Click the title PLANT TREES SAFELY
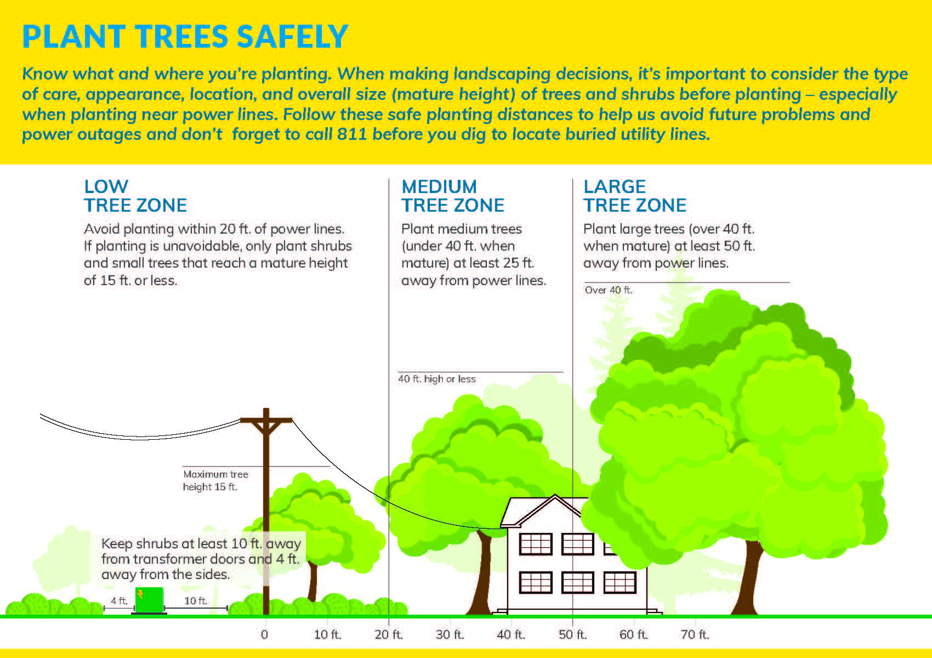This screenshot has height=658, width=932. [185, 37]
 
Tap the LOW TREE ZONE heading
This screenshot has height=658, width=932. [135, 196]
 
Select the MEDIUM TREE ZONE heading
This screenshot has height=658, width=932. [453, 196]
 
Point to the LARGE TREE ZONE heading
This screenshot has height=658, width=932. [635, 196]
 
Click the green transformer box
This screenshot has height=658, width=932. [149, 600]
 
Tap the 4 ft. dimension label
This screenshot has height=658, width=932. [119, 601]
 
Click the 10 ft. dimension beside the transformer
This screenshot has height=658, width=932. [196, 601]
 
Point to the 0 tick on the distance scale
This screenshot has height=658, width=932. [265, 635]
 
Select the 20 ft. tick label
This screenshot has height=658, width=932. [389, 635]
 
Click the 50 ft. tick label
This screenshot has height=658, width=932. [573, 635]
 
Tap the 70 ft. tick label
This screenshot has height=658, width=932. [695, 635]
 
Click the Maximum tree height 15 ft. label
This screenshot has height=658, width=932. [215, 480]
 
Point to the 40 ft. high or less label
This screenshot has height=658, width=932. [437, 379]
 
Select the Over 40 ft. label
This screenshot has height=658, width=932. [609, 290]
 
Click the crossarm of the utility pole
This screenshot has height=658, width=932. [266, 421]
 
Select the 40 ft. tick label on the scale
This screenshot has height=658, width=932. [511, 635]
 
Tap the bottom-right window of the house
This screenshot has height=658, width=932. [620, 582]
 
